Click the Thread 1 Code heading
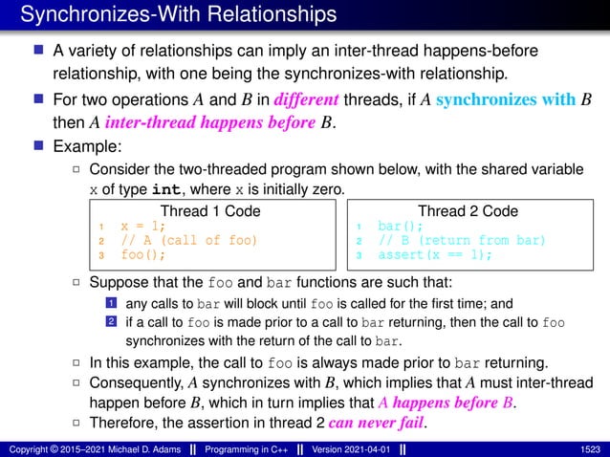[x=208, y=210]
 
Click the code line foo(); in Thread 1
[x=142, y=255]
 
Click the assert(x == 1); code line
[x=435, y=255]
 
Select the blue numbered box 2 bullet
[x=111, y=323]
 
